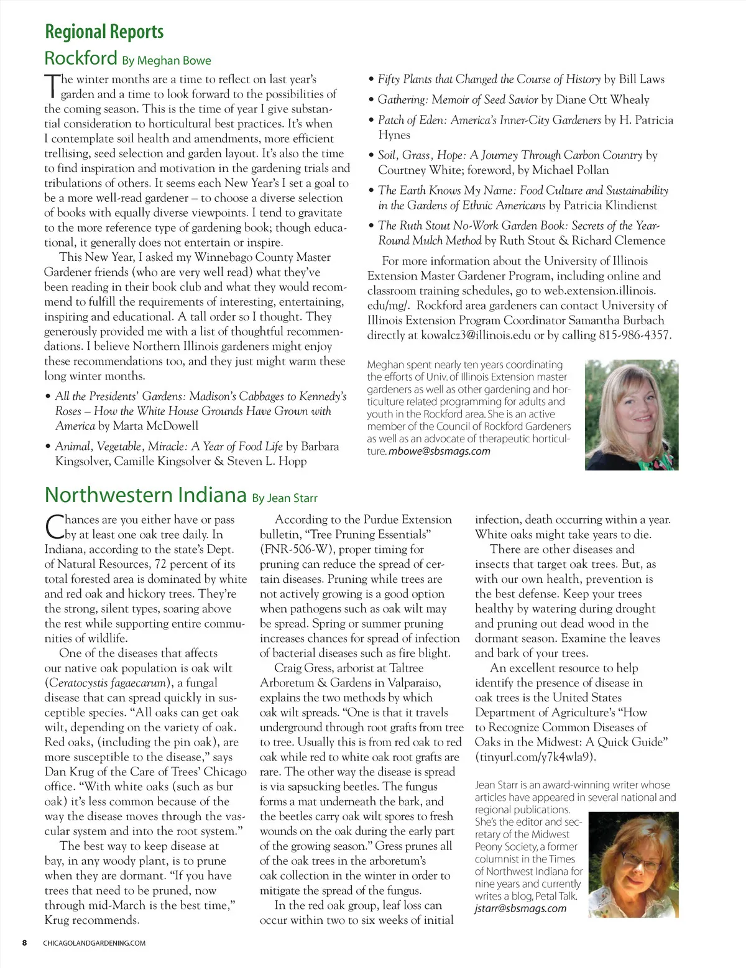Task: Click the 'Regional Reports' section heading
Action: tap(104, 32)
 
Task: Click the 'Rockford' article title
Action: tap(80, 58)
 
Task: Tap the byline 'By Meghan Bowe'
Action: tap(166, 61)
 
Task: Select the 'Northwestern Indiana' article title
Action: tap(145, 495)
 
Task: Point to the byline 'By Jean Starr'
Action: tap(285, 498)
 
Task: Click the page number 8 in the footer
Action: tap(25, 943)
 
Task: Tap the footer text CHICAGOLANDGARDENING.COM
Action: tap(94, 943)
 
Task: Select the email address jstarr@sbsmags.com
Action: tap(520, 908)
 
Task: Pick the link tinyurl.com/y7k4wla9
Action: tap(535, 757)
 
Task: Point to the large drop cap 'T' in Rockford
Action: tap(51, 86)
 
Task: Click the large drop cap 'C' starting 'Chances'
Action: tap(53, 526)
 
